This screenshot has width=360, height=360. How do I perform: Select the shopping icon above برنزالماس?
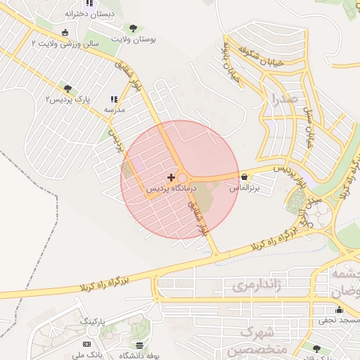244,177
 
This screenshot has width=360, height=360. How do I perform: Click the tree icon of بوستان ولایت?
133,29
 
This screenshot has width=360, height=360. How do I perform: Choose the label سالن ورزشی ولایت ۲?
65,44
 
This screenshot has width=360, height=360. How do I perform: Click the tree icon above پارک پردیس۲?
67,89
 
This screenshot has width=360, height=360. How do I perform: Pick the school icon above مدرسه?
114,100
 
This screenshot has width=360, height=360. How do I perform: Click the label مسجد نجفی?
339,321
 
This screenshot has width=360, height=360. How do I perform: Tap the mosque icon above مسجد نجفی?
339,310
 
